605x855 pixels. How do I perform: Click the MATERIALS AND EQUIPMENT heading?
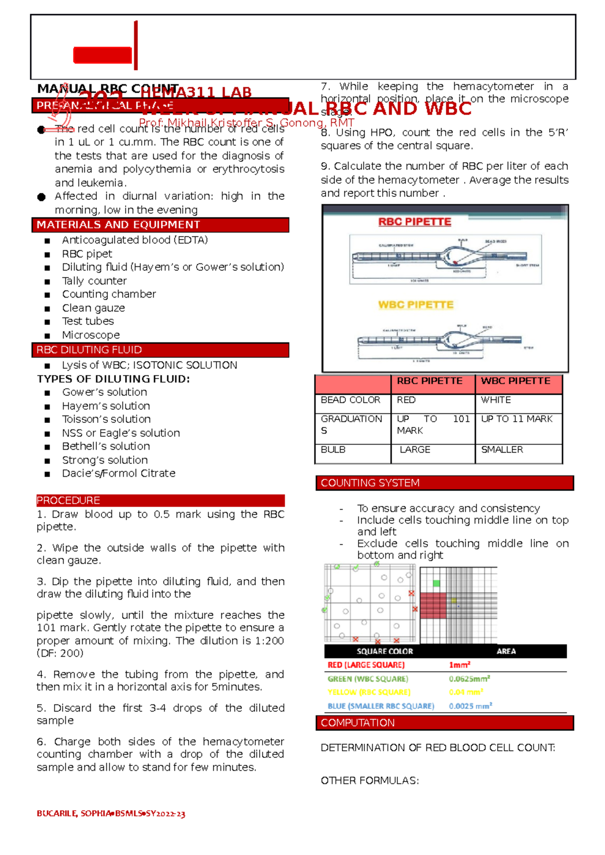[x=118, y=225]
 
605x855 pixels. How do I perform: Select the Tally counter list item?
[x=94, y=281]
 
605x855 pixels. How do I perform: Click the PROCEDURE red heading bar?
[x=160, y=501]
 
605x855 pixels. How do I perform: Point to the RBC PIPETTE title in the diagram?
[x=414, y=222]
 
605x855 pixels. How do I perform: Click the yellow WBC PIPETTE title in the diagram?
[x=415, y=305]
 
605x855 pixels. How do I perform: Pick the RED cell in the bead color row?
[x=406, y=400]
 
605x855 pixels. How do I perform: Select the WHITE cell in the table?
[x=496, y=400]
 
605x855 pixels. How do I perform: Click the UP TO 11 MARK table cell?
[x=516, y=419]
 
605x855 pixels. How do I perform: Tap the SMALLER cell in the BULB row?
[x=502, y=450]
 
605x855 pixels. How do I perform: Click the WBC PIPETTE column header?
[x=515, y=381]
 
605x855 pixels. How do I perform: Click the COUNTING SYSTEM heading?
[x=370, y=483]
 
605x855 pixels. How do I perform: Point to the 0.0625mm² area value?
[x=469, y=679]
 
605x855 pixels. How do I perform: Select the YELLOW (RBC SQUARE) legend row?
[x=369, y=692]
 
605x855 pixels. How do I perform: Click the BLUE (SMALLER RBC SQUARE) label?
[x=381, y=706]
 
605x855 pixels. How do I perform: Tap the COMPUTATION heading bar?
[x=357, y=723]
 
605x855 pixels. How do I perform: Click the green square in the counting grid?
[x=436, y=583]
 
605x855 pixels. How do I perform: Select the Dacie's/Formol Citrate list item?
[x=118, y=473]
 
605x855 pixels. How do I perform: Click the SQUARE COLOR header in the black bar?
[x=385, y=651]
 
